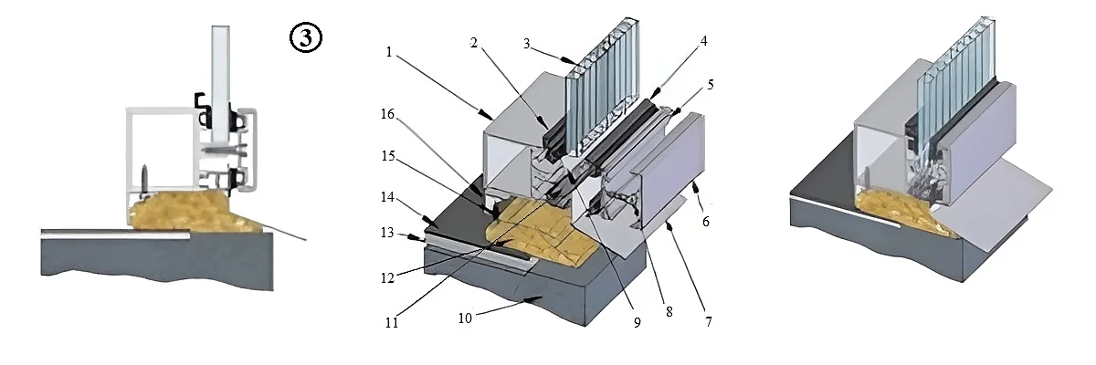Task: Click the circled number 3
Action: tap(306, 38)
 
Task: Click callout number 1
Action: tap(389, 52)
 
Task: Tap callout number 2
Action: tap(473, 43)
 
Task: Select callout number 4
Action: tap(703, 41)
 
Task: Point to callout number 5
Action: tap(711, 85)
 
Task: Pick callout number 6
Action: tap(705, 222)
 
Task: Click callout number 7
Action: tap(708, 322)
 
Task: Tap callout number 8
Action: tap(669, 312)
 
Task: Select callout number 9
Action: tap(638, 322)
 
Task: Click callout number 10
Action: tap(465, 318)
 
